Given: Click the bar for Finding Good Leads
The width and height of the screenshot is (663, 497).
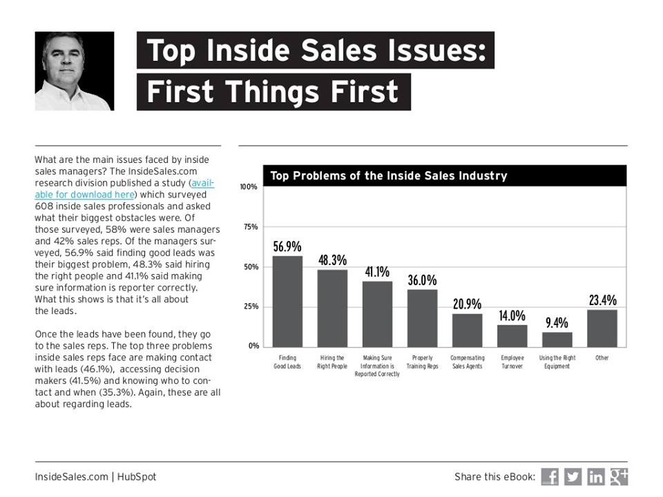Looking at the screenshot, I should point(287,301).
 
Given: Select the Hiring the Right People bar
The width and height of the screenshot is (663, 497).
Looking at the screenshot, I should point(332,308).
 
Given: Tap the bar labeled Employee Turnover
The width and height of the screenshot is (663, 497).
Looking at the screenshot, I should point(512,335).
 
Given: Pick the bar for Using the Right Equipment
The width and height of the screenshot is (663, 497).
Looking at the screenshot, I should point(557,339).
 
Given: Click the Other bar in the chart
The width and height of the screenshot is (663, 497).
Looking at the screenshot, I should point(602,328).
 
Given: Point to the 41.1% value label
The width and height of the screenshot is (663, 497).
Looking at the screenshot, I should point(377,271).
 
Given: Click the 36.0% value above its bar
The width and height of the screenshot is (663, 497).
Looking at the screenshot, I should point(422,280).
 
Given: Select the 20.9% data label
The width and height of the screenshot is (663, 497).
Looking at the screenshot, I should point(467,304).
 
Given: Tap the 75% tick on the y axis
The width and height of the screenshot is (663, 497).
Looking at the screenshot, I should point(249,227).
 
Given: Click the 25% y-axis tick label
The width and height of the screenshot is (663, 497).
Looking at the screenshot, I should point(249,306).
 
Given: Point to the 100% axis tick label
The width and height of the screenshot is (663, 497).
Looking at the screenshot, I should point(248,187).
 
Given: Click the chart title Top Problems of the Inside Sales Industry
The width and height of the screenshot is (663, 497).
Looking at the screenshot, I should point(388,176).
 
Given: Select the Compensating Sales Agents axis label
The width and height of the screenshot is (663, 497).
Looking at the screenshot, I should point(468,362).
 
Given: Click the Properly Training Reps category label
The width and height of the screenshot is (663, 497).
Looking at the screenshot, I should point(423,362).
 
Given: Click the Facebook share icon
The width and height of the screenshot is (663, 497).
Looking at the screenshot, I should point(550,476).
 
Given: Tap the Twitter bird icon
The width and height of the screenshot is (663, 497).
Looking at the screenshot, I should point(573,476).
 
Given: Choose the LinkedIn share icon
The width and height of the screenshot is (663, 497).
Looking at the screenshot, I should point(595,476).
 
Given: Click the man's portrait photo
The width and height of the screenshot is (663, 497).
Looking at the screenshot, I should point(75,71).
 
